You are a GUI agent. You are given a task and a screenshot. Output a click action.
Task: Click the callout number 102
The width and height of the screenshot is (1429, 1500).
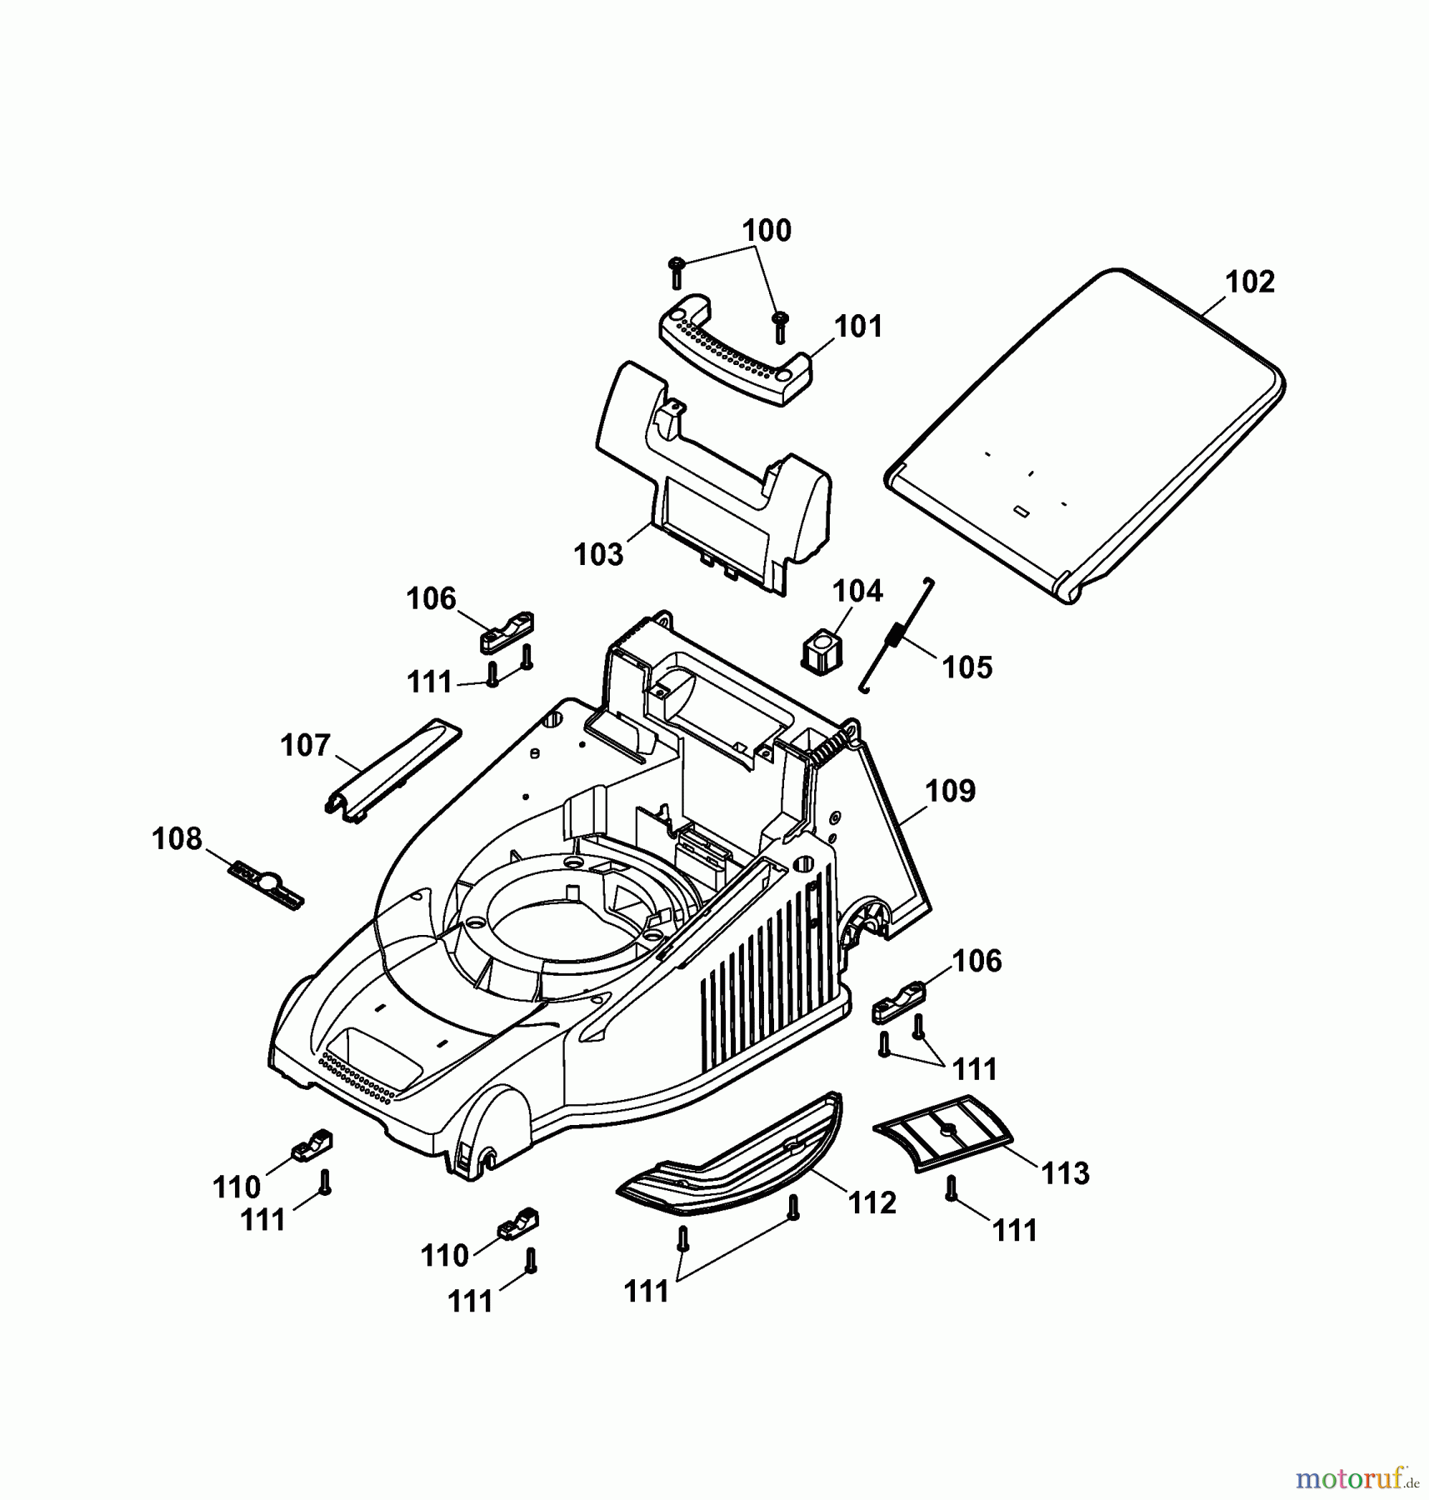coord(1250,282)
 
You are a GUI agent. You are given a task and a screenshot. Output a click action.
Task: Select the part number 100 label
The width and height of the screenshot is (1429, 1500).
coord(767,231)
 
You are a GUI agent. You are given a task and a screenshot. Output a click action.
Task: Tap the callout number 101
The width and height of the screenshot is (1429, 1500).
coord(858,327)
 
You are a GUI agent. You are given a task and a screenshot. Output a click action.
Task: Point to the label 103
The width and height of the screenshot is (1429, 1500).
coord(598,554)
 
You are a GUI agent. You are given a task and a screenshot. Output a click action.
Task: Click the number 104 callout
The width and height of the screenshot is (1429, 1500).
coord(857,592)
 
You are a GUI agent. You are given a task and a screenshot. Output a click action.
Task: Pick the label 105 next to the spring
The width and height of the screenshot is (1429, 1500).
coord(967,667)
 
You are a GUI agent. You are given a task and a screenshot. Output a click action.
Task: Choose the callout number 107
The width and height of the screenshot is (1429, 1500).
coord(306,745)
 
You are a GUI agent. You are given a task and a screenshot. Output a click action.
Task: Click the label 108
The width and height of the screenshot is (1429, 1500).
coord(177,838)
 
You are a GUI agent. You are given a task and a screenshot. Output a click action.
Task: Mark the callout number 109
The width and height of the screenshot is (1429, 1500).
coord(950,791)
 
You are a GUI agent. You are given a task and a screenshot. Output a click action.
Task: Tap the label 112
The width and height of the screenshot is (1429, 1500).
coord(872,1202)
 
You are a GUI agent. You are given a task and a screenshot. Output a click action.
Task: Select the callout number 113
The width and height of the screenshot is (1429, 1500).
coord(1066,1173)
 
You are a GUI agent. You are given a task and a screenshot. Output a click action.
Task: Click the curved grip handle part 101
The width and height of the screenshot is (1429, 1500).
coord(733,350)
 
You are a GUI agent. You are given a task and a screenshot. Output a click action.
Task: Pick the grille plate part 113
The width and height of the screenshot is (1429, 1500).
coord(942,1132)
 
